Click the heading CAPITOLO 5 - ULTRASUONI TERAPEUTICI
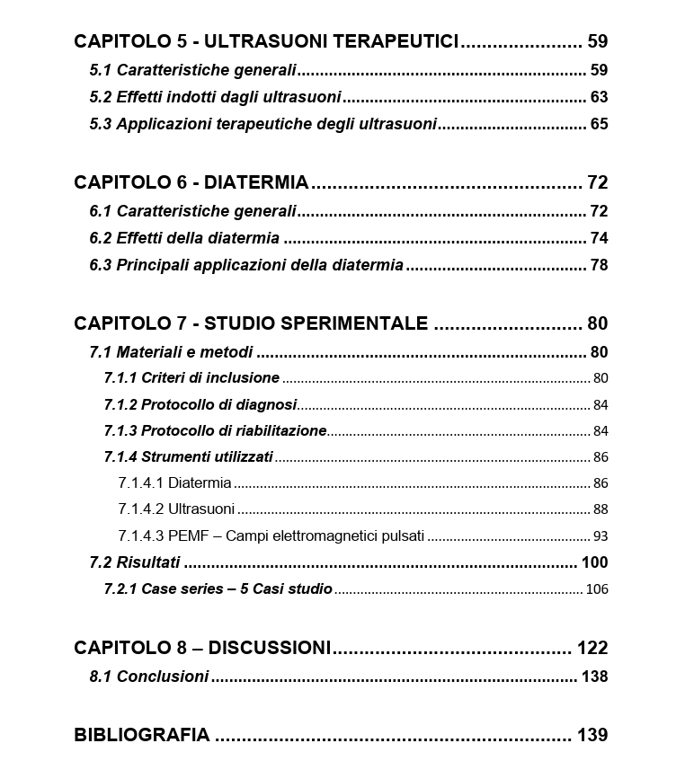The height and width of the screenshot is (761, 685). (x=266, y=41)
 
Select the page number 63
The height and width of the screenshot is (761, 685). (x=599, y=97)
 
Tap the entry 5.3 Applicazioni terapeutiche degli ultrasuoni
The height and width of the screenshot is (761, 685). (x=262, y=124)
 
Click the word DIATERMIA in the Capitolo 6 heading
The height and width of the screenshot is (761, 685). (x=256, y=183)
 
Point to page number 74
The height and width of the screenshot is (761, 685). (x=599, y=238)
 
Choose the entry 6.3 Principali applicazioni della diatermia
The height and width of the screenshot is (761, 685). (x=246, y=265)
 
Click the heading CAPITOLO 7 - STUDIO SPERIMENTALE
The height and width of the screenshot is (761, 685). (x=251, y=323)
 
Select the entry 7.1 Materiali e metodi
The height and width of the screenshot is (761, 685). (x=171, y=352)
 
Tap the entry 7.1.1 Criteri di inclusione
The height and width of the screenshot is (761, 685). (x=191, y=378)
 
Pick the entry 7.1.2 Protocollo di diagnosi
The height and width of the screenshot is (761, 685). (x=200, y=405)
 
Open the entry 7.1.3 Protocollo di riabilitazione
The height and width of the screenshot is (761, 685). (x=215, y=431)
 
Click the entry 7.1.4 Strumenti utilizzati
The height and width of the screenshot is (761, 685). (x=188, y=457)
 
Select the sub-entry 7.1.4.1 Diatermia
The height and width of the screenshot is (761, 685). (x=174, y=483)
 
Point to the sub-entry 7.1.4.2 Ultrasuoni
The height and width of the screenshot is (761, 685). (x=176, y=509)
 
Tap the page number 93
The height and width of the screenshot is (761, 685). (x=600, y=536)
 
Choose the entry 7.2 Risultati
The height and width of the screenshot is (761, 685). (x=135, y=562)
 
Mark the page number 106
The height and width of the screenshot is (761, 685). (x=596, y=589)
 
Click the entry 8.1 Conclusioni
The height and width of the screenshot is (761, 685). (x=148, y=677)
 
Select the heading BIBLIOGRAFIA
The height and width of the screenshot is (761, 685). (x=141, y=735)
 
